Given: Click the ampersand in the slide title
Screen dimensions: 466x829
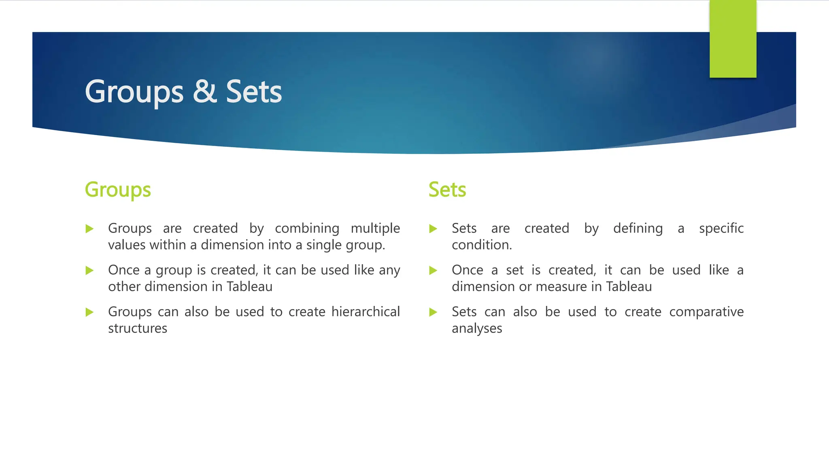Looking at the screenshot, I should point(204,91).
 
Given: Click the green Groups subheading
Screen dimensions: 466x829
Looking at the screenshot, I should point(118,190).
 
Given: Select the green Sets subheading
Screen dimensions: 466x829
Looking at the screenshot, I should point(447,190).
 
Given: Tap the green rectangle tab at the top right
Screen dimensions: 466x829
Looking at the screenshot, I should point(733,39).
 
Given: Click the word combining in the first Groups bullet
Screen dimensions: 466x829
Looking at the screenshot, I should point(307,229).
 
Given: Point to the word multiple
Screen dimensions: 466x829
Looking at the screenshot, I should point(375,229).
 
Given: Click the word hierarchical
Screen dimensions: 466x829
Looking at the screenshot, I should point(366,312).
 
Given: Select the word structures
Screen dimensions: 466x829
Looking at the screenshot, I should point(138,328).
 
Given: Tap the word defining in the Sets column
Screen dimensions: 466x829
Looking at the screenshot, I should point(638,229).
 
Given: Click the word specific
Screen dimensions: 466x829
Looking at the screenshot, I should point(721,229).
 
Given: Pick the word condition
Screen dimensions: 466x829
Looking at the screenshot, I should point(482,245).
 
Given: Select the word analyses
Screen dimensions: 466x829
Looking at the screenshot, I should point(477,328).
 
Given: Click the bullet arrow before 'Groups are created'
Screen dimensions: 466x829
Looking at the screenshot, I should point(90,229).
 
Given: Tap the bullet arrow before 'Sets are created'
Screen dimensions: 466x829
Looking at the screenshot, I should point(433,229).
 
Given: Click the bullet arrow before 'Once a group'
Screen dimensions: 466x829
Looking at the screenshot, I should point(90,271).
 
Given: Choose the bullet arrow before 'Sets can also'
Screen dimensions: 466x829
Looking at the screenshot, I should point(433,312).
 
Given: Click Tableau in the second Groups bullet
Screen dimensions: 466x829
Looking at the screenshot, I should point(249,287).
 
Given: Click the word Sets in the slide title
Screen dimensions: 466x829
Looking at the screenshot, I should point(254,91).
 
